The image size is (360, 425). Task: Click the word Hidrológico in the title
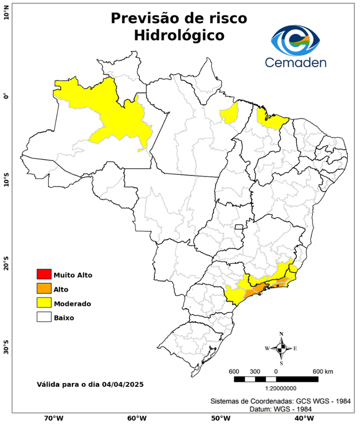point(179,35)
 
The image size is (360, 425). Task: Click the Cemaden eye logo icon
point(299,38)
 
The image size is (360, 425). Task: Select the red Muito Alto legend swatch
point(44,274)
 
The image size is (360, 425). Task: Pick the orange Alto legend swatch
point(44,289)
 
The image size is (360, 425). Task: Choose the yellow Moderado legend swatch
point(44,303)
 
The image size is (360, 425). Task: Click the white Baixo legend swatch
point(44,318)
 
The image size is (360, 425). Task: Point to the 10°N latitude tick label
point(6,13)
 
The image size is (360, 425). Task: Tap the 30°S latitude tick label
point(6,349)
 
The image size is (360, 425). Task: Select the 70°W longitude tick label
point(53,418)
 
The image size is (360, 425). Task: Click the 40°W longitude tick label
point(302,418)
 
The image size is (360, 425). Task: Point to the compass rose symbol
point(281,348)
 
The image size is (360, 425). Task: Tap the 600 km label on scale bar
point(323,371)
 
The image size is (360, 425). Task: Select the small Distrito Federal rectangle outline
point(239,227)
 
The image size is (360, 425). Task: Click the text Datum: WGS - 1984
point(280,409)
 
